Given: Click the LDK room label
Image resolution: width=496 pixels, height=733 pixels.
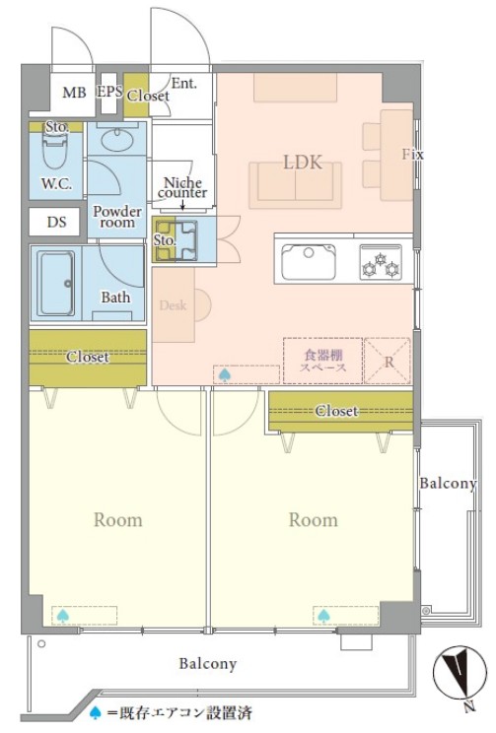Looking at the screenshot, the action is pyautogui.click(x=303, y=163).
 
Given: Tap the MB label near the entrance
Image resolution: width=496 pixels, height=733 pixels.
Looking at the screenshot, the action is pyautogui.click(x=74, y=92).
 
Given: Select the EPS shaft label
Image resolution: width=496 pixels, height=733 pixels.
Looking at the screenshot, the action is pyautogui.click(x=109, y=92).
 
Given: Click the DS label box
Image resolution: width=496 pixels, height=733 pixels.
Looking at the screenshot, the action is pyautogui.click(x=56, y=222).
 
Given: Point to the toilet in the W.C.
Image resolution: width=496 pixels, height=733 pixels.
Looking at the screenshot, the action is pyautogui.click(x=55, y=146).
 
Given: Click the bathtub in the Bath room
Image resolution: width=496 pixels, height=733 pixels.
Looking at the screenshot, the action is pyautogui.click(x=56, y=284).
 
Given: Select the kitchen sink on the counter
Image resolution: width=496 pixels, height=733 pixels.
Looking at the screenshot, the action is pyautogui.click(x=309, y=261).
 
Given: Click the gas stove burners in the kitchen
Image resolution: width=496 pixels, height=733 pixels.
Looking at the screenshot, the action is pyautogui.click(x=381, y=262).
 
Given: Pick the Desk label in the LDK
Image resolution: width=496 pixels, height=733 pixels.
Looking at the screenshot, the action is pyautogui.click(x=173, y=305).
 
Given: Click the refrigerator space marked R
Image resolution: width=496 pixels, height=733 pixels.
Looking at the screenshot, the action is pyautogui.click(x=388, y=362).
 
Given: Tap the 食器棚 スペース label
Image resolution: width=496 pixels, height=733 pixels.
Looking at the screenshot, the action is pyautogui.click(x=323, y=361).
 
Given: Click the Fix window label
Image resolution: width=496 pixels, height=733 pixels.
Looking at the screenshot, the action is pyautogui.click(x=413, y=154).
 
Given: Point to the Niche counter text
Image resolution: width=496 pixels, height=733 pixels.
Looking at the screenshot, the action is pyautogui.click(x=182, y=187).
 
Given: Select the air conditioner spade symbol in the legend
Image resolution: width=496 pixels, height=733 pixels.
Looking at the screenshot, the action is pyautogui.click(x=96, y=712).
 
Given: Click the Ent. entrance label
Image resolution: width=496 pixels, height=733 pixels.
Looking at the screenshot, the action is pyautogui.click(x=183, y=83).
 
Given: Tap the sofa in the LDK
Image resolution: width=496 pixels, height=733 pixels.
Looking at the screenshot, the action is pyautogui.click(x=295, y=185).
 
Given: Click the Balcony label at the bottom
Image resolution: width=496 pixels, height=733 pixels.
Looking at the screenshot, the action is pyautogui.click(x=208, y=664).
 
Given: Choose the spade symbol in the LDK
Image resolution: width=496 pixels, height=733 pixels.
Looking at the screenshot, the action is pyautogui.click(x=224, y=375).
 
